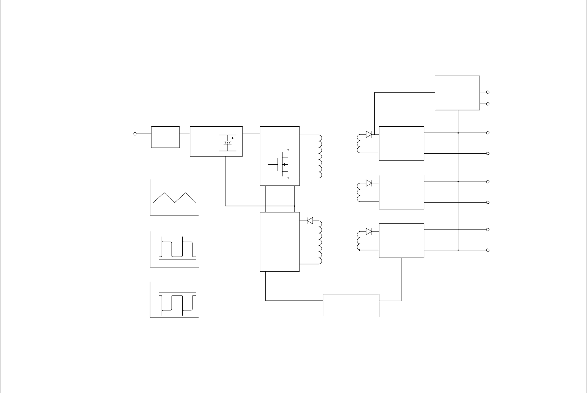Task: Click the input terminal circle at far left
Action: click(x=135, y=134)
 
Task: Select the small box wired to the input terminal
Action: click(x=165, y=137)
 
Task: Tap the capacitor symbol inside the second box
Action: click(x=227, y=142)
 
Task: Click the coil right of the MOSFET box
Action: click(x=320, y=156)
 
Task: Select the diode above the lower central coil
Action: click(x=309, y=220)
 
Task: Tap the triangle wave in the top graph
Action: click(x=174, y=198)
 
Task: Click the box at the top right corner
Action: click(x=457, y=93)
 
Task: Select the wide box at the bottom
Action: click(x=351, y=305)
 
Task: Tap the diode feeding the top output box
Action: click(x=369, y=134)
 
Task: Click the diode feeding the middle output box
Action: click(x=369, y=183)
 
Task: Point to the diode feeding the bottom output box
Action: click(x=369, y=231)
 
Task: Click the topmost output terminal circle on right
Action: click(x=488, y=92)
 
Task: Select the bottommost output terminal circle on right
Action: click(x=488, y=250)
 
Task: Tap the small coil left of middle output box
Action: click(x=359, y=192)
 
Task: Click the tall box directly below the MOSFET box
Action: click(x=279, y=242)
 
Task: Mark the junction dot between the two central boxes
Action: click(x=294, y=206)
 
